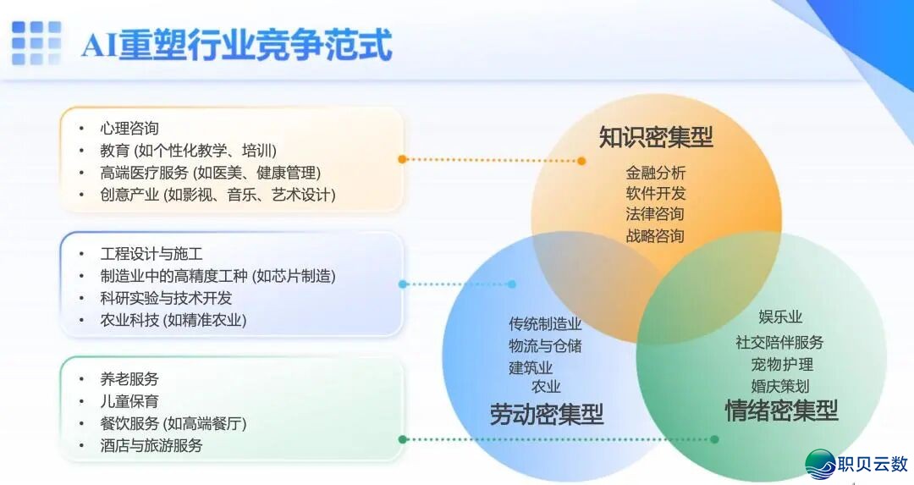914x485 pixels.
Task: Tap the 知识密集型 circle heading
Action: [x=656, y=137]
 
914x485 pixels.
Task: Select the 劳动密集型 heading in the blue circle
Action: [x=547, y=414]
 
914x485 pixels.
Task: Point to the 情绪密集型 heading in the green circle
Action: [x=781, y=411]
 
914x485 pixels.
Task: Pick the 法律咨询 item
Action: [x=655, y=214]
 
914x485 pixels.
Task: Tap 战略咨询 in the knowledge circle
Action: [x=655, y=235]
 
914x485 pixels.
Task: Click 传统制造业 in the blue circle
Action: [x=545, y=324]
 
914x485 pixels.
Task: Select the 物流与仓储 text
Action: [x=545, y=345]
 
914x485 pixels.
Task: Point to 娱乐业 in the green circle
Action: [x=779, y=317]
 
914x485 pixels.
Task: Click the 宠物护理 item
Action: [x=781, y=365]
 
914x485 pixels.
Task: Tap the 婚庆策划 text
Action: [x=779, y=386]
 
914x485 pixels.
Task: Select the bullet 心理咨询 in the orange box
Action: [x=129, y=129]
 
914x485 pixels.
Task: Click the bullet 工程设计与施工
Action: [x=151, y=254]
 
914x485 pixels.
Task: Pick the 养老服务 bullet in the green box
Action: [x=129, y=379]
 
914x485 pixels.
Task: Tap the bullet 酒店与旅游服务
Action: [x=151, y=445]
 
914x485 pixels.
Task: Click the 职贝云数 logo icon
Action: [x=819, y=463]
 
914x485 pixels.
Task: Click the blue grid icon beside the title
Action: [x=36, y=43]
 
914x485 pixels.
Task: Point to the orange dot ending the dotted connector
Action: [x=581, y=160]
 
